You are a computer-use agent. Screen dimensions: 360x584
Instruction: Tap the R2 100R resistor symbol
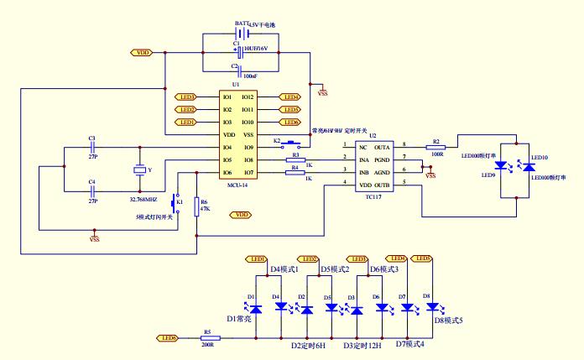click(435, 148)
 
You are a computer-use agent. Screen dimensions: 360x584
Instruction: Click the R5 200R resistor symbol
click(208, 338)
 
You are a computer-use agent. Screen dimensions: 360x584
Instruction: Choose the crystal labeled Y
click(140, 171)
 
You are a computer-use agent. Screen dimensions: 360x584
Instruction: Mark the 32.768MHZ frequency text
click(144, 200)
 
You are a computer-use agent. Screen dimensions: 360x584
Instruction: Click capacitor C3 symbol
click(92, 147)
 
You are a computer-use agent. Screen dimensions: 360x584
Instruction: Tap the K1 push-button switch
click(174, 202)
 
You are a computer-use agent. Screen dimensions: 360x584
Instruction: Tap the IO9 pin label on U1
click(248, 147)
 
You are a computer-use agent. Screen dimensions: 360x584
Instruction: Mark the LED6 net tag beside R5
click(166, 338)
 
